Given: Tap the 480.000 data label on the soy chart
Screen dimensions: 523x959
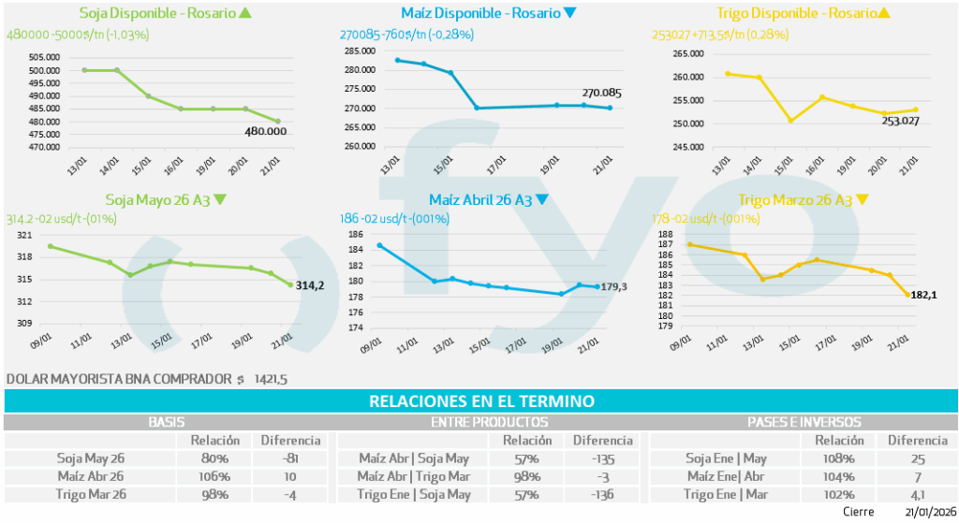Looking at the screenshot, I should coord(265,132).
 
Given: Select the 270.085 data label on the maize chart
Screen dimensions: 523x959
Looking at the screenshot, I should coord(602,94).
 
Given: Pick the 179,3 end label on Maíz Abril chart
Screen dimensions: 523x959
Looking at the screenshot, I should coord(615,287).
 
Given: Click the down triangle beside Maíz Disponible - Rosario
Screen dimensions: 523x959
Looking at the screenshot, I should coord(570,13).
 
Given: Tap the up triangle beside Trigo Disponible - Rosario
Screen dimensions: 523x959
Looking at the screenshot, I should coord(885,13).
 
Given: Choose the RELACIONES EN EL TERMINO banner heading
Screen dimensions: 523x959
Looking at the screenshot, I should coord(481,401).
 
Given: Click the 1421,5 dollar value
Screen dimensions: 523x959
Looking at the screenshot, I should coord(270,380).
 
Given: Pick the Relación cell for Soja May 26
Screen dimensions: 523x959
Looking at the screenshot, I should coord(215,458).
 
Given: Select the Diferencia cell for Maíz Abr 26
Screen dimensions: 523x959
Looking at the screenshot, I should coord(291,476).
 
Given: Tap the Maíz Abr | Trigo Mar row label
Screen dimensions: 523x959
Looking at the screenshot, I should coord(414,476).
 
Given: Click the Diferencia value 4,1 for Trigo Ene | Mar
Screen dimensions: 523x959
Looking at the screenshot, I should coord(918,494).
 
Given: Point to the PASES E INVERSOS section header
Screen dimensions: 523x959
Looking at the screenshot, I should coord(804,423).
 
